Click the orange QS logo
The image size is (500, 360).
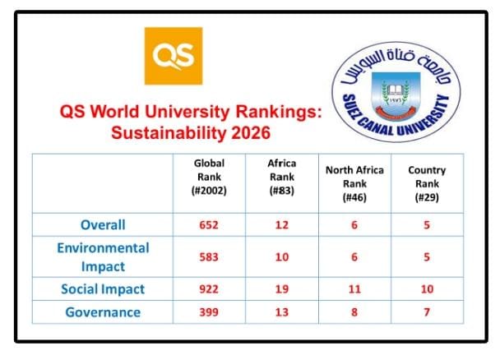(173, 55)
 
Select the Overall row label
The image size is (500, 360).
(103, 224)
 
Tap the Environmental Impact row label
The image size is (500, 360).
(103, 256)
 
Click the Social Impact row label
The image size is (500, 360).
(103, 289)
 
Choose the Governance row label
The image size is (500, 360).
(103, 312)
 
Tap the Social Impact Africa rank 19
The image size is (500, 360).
(282, 289)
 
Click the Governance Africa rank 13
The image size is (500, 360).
(282, 312)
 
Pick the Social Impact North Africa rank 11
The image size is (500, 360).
(354, 289)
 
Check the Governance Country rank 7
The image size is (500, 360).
(427, 312)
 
